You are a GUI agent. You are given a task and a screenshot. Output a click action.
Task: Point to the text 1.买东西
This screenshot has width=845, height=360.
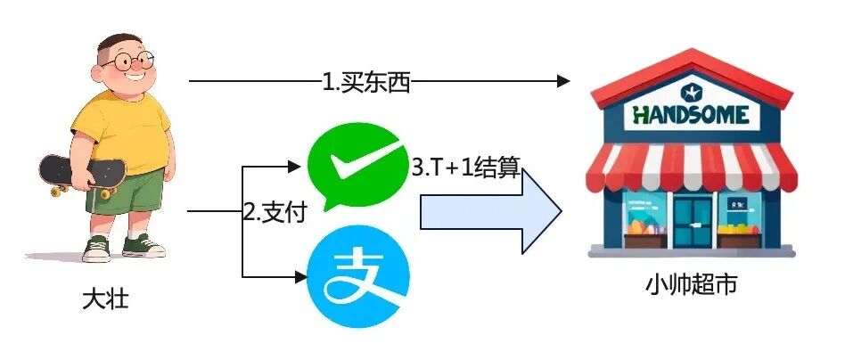[x=365, y=82]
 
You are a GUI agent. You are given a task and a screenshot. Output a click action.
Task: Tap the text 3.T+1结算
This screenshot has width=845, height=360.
[x=465, y=167]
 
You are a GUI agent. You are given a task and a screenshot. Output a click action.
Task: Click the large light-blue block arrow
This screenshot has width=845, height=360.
[x=490, y=214]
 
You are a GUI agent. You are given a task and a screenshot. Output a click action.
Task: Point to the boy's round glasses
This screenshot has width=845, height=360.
[x=127, y=62]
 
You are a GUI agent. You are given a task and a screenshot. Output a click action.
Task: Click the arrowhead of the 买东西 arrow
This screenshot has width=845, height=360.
[x=563, y=81]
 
